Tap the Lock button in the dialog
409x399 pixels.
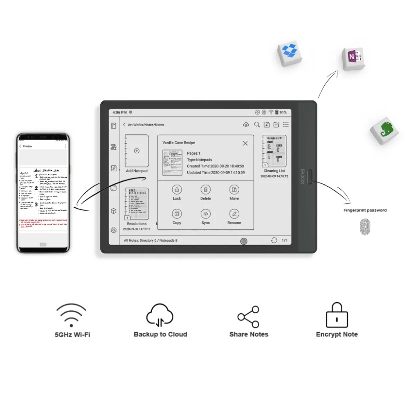[x=177, y=189]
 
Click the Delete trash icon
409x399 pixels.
[x=206, y=189]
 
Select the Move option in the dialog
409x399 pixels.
[x=234, y=189]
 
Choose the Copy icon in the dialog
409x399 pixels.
[x=177, y=214]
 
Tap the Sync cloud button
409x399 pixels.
[x=206, y=214]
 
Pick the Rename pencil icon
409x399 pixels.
[x=234, y=214]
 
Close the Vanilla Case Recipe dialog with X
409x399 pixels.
[x=245, y=143]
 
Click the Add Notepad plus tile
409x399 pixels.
[x=137, y=151]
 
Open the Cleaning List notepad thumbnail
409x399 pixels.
[x=274, y=151]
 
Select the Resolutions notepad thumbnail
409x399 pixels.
[x=137, y=204]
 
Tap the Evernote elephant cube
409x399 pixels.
[x=384, y=130]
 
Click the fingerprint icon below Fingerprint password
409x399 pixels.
[x=364, y=227]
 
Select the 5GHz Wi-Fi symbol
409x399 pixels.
[x=72, y=315]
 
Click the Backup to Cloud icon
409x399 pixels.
[x=160, y=316]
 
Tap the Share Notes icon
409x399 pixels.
[x=248, y=317]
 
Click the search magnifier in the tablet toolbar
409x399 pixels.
[x=257, y=125]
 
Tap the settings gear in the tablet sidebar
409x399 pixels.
[x=114, y=230]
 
